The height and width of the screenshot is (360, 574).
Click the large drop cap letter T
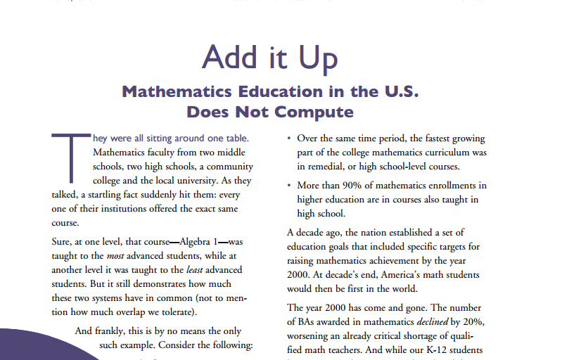click(x=69, y=155)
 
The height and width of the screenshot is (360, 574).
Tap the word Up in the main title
click(x=318, y=57)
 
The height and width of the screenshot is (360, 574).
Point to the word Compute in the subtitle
click(x=313, y=112)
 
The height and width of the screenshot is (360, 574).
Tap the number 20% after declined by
click(x=474, y=322)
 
